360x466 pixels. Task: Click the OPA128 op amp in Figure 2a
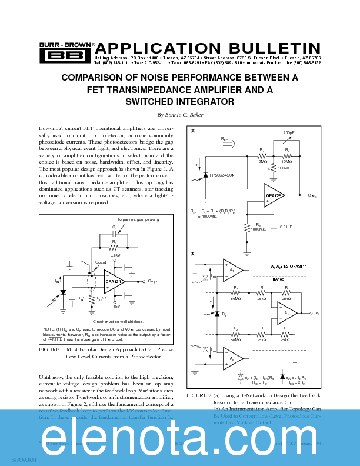[x=275, y=195]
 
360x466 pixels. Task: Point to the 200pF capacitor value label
[x=289, y=134]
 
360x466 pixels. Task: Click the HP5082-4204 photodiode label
[x=222, y=175]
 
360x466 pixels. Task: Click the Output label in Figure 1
[x=154, y=281]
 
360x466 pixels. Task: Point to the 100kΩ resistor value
[x=287, y=168]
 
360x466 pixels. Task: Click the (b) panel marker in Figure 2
[x=193, y=253]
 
